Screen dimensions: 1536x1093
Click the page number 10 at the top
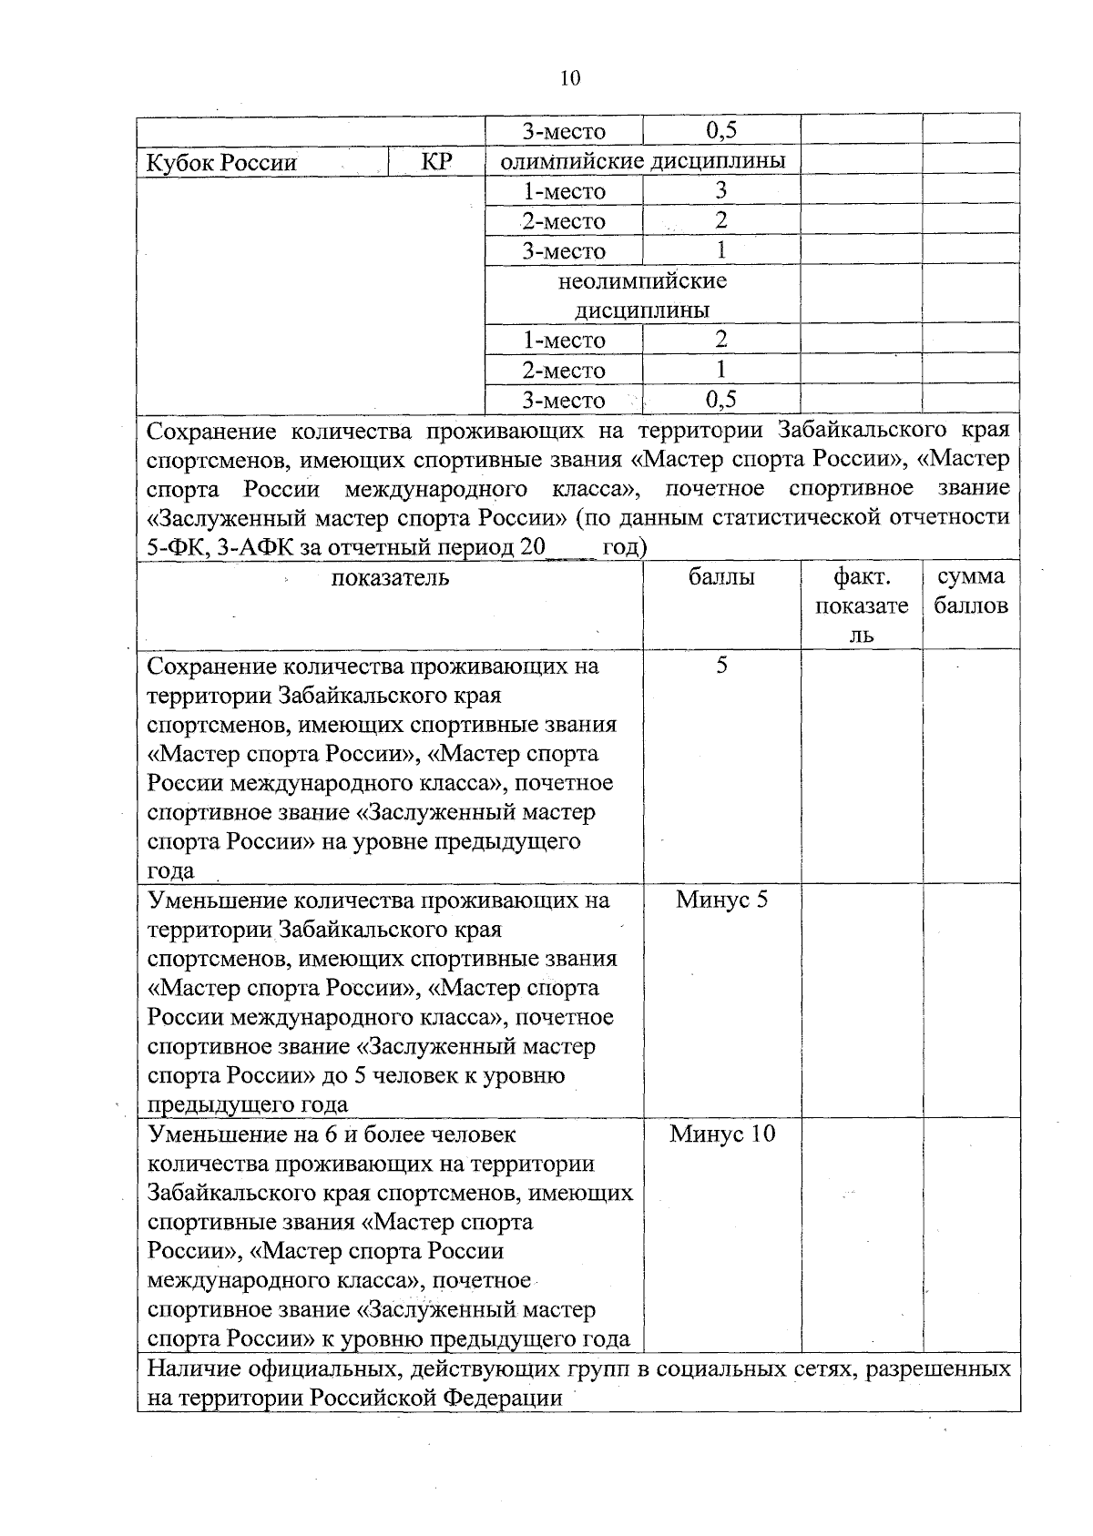coord(570,78)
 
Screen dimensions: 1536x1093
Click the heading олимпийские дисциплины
coord(643,162)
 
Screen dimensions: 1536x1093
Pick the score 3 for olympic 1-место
coord(720,191)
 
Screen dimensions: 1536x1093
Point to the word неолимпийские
coord(642,280)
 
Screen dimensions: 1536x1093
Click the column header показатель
coord(390,578)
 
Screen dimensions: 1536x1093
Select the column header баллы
coord(721,577)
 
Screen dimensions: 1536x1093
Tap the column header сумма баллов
coord(971,591)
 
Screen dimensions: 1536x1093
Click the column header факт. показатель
coord(862,605)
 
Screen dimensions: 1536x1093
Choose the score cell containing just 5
coord(721,666)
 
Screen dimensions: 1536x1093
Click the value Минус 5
coord(721,900)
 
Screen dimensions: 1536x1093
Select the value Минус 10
coord(721,1134)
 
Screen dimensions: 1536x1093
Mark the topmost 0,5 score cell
coord(720,131)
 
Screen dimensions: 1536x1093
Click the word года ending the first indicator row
coord(171,871)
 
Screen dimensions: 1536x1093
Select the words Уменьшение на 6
coord(242,1135)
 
